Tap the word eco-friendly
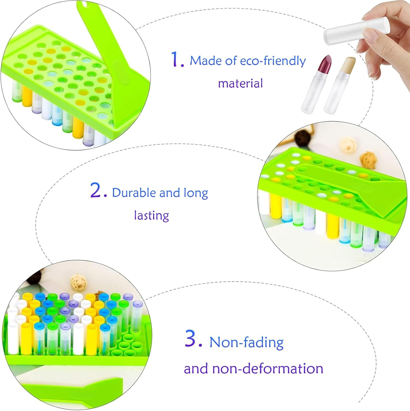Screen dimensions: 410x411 pos(273,61)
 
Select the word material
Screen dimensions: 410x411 pos(241,83)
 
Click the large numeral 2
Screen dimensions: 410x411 pos(98,190)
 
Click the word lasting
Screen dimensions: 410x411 pos(151,215)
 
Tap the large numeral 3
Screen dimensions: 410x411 pos(194,338)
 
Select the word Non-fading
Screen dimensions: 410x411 pos(247,342)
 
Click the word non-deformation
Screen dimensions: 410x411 pos(268,369)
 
